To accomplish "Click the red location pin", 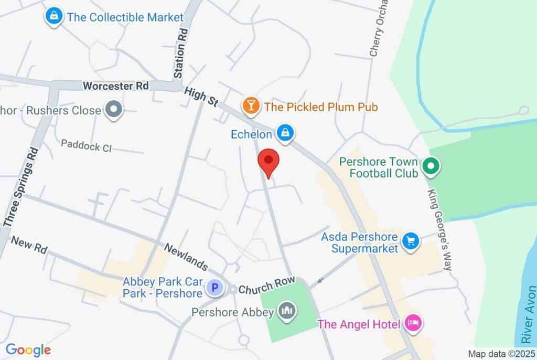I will (x=269, y=161).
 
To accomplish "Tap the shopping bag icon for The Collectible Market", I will (x=53, y=17).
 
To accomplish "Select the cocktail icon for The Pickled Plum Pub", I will (x=251, y=107).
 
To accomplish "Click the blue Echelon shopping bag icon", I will (x=284, y=133).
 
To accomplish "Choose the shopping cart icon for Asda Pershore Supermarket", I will (x=410, y=241).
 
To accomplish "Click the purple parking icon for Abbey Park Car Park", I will (x=214, y=288).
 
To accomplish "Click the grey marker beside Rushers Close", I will (x=113, y=110).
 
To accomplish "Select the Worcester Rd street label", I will (x=116, y=86).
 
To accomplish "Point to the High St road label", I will (x=201, y=97).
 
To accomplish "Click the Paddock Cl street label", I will (x=87, y=145).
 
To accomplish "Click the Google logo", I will (x=28, y=350).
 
